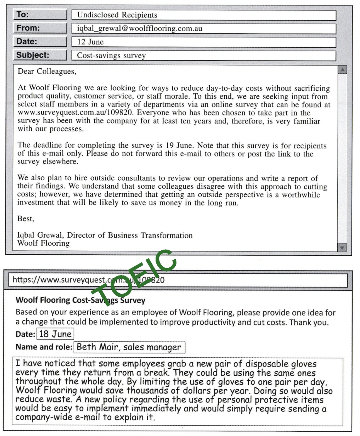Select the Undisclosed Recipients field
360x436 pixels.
point(204,15)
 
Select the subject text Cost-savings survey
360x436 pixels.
point(111,56)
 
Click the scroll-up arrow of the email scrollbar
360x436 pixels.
point(342,70)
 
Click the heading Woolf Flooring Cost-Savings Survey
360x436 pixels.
point(80,300)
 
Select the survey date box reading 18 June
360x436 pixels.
point(54,335)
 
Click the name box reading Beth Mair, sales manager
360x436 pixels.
point(129,347)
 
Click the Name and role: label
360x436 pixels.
point(44,347)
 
